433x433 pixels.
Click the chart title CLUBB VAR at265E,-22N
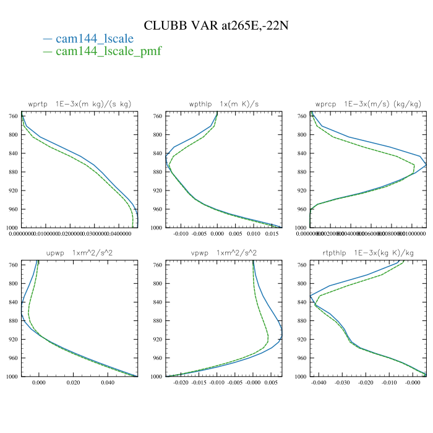click(216, 25)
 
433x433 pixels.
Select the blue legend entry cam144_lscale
click(94, 39)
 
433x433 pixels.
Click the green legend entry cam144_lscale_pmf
click(108, 51)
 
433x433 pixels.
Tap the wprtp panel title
click(80, 104)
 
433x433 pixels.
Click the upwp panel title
click(80, 253)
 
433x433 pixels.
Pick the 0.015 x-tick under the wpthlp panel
click(271, 234)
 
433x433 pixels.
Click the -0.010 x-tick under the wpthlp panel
click(180, 234)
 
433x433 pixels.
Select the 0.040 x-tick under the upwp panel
click(108, 384)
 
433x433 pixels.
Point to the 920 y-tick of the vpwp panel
click(157, 340)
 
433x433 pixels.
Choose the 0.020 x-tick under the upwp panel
click(74, 384)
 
